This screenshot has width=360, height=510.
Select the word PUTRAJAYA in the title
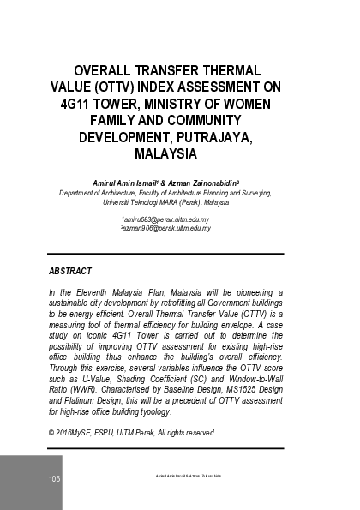coord(228,137)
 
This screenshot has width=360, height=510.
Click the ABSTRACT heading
coord(70,271)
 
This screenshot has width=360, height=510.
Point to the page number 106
coord(54,478)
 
